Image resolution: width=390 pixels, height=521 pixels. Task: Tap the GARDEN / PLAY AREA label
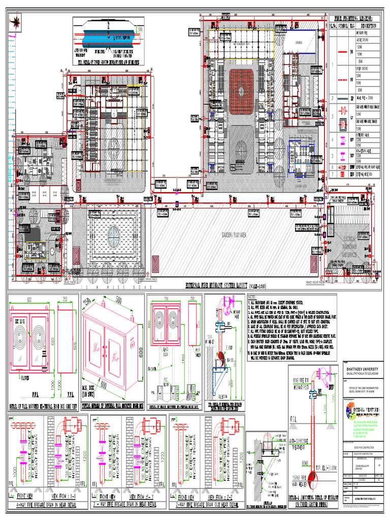[x=232, y=236]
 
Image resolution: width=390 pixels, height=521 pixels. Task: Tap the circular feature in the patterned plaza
[x=114, y=234]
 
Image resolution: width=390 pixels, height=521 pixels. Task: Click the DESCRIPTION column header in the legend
[x=368, y=25]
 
